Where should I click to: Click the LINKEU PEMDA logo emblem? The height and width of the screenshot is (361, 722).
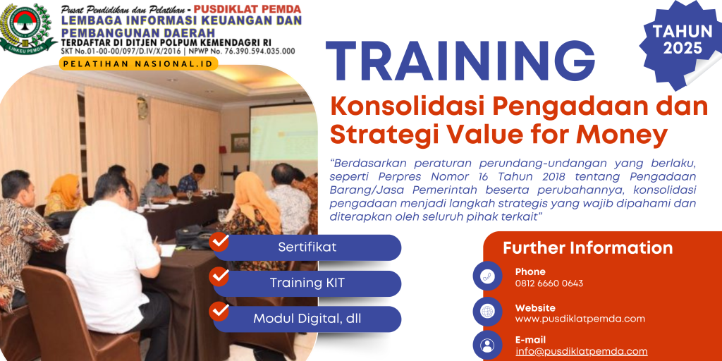tap(27, 28)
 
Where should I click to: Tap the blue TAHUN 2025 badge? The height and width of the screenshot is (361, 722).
tap(682, 40)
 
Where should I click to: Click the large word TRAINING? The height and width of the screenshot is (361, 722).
tap(460, 59)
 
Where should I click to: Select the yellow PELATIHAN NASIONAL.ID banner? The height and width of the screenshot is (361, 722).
tap(138, 64)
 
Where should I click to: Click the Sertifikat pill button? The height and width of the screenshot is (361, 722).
tap(307, 247)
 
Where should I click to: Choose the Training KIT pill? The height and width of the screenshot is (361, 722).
tap(307, 283)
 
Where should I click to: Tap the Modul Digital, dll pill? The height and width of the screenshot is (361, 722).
tap(307, 319)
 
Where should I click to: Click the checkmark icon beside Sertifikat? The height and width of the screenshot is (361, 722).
tap(219, 242)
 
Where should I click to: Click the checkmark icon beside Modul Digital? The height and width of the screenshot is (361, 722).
tap(219, 311)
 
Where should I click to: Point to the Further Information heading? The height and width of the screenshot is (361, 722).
tap(587, 247)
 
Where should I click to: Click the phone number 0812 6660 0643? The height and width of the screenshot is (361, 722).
tap(549, 283)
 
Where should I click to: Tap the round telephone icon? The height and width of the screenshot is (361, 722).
tap(487, 276)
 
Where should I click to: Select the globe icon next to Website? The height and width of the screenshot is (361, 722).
tap(487, 312)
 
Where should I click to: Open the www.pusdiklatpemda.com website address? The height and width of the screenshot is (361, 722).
tap(580, 319)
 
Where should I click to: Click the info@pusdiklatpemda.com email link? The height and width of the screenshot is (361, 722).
tap(581, 351)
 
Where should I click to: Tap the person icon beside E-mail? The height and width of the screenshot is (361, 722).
tap(487, 345)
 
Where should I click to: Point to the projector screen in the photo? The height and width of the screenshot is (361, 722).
tap(283, 138)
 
